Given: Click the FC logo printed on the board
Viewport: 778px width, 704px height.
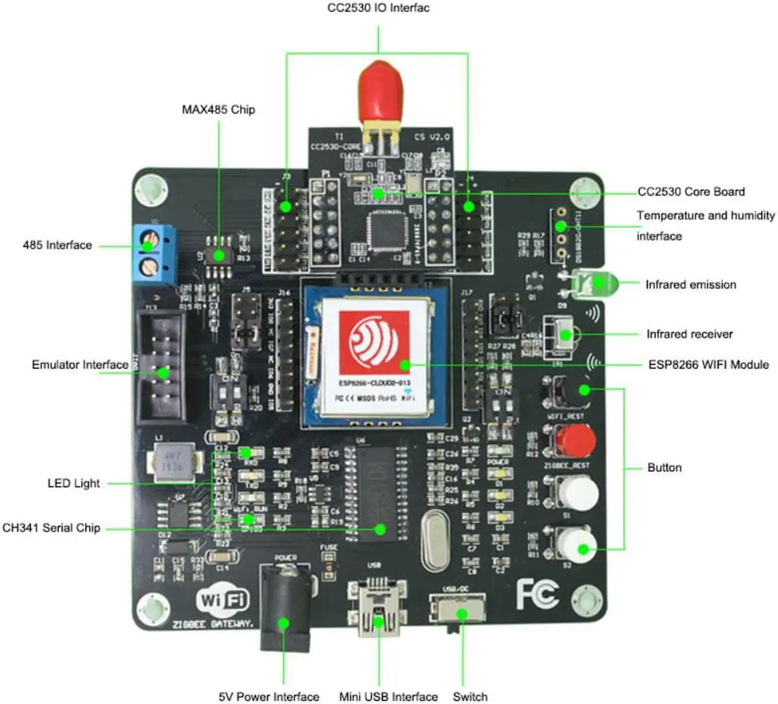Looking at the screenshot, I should (x=537, y=594).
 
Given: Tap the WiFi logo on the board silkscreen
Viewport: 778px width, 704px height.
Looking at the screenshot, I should (x=222, y=601).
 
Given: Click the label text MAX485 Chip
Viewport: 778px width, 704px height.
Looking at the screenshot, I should (x=218, y=109).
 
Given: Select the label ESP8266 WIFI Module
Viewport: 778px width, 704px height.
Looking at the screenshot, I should (x=708, y=365).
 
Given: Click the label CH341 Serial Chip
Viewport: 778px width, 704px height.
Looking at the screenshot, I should (x=51, y=528).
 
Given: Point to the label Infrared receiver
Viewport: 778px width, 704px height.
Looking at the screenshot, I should (x=689, y=334).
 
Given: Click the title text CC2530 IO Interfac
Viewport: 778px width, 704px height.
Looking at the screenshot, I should (x=378, y=8).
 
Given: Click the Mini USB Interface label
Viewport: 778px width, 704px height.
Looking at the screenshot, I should (x=388, y=697).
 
